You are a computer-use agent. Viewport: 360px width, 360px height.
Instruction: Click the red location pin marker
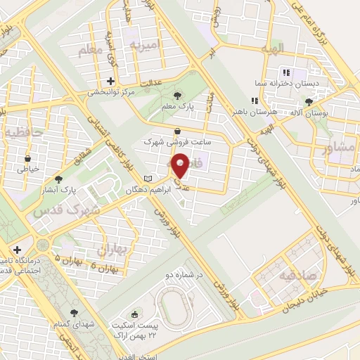(181, 165)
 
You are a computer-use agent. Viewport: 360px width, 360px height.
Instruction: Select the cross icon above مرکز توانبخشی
(110, 81)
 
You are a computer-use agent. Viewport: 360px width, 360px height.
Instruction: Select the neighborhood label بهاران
(111, 249)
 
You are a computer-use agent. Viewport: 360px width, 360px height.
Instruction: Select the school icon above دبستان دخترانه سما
(285, 72)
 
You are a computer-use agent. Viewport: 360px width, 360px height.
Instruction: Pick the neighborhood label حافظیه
(23, 132)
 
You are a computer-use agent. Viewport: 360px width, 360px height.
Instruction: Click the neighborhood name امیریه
(146, 45)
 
